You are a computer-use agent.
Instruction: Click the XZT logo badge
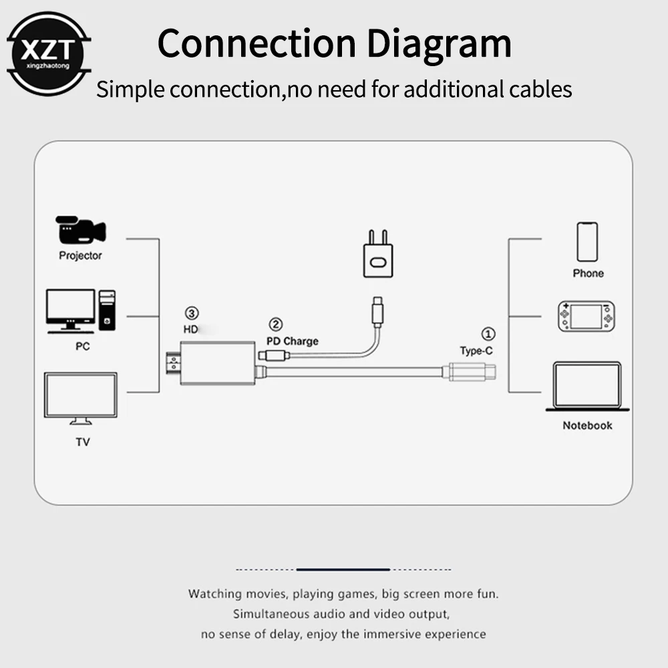pos(47,51)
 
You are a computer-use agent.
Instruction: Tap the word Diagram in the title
pos(439,42)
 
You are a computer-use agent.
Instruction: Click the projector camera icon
pos(81,230)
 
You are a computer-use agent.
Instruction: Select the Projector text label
pos(81,255)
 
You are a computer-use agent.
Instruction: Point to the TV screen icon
pos(80,397)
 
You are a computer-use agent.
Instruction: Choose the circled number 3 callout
pos(192,313)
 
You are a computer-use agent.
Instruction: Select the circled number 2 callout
pos(276,325)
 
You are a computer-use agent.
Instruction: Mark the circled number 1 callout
pos(489,333)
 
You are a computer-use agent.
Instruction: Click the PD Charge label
pos(293,341)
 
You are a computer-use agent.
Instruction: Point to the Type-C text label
pos(476,350)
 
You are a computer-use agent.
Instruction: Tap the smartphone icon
pos(588,242)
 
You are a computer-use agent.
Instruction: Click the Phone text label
pos(588,273)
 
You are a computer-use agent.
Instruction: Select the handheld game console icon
pos(586,317)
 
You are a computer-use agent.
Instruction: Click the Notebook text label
pos(587,426)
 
